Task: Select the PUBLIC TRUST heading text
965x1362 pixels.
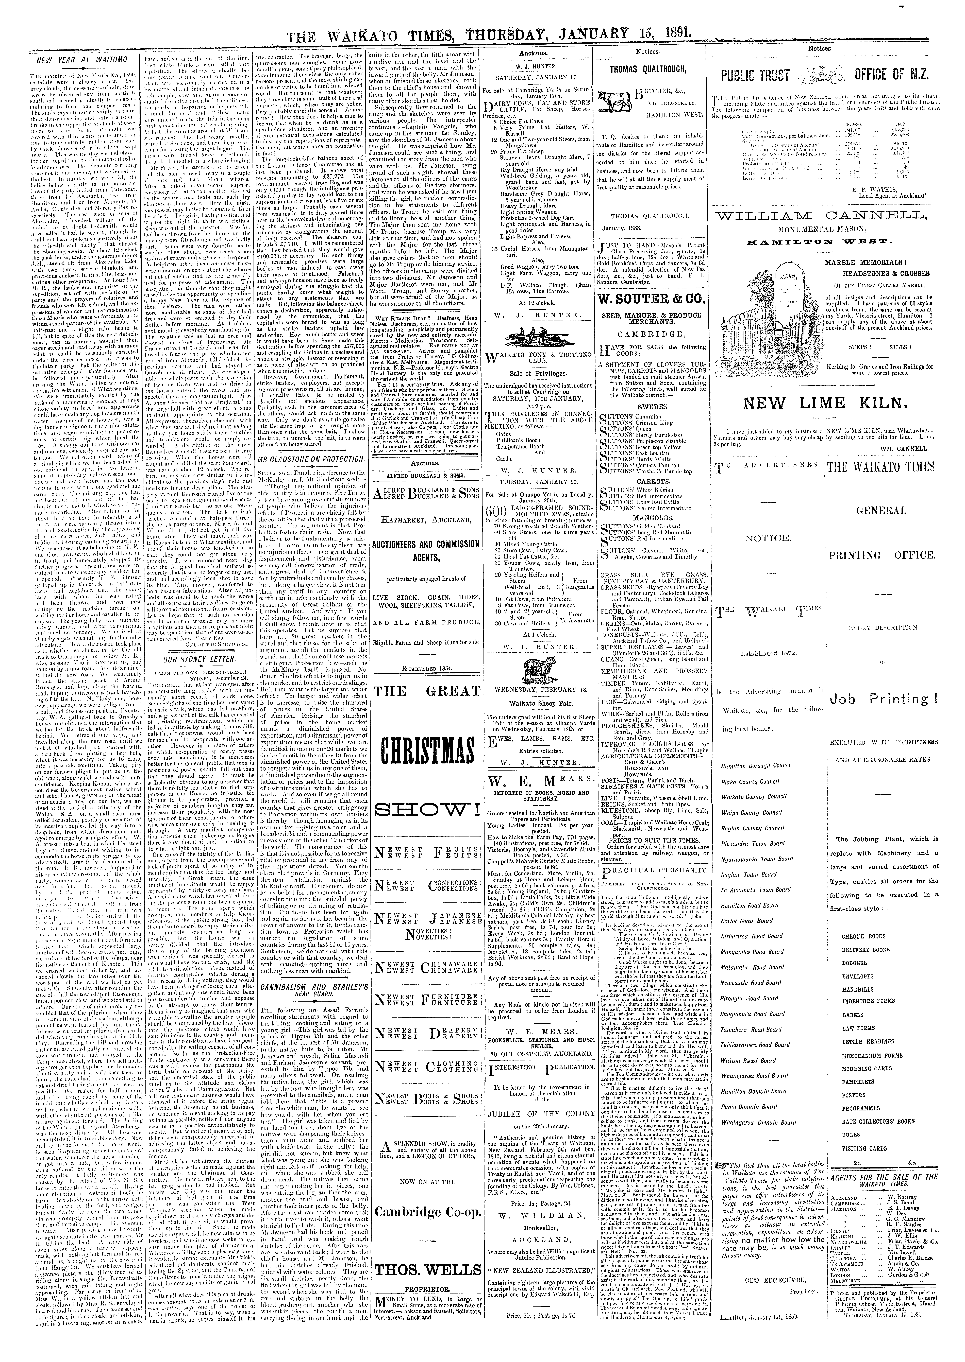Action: [x=755, y=75]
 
